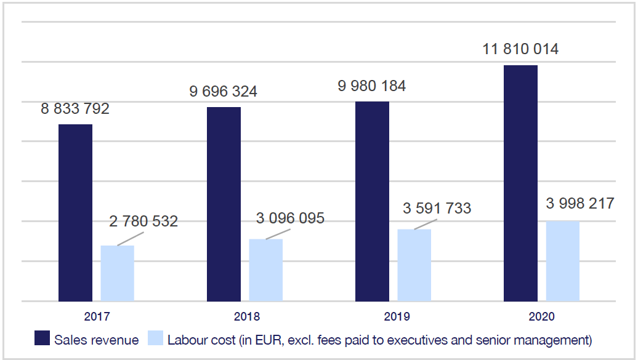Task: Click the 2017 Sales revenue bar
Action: point(75,212)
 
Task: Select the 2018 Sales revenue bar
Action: point(224,204)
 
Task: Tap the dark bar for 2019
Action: point(372,201)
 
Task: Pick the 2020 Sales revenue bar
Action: point(520,183)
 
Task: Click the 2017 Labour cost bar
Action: point(117,273)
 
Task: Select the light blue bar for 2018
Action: point(265,270)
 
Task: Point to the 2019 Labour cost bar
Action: point(414,265)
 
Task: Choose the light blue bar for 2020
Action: point(562,261)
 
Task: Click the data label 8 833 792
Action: point(75,109)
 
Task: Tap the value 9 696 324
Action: point(224,92)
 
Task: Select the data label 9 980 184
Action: point(372,86)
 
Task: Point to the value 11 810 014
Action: point(520,49)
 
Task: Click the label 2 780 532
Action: point(144,222)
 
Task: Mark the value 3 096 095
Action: point(291,218)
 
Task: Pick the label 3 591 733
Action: point(437,209)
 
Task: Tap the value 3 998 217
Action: point(580,204)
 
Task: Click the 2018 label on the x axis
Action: point(246,318)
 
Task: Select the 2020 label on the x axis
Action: point(542,318)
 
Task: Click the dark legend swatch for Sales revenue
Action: point(42,339)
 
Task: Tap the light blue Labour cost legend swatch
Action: point(155,339)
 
